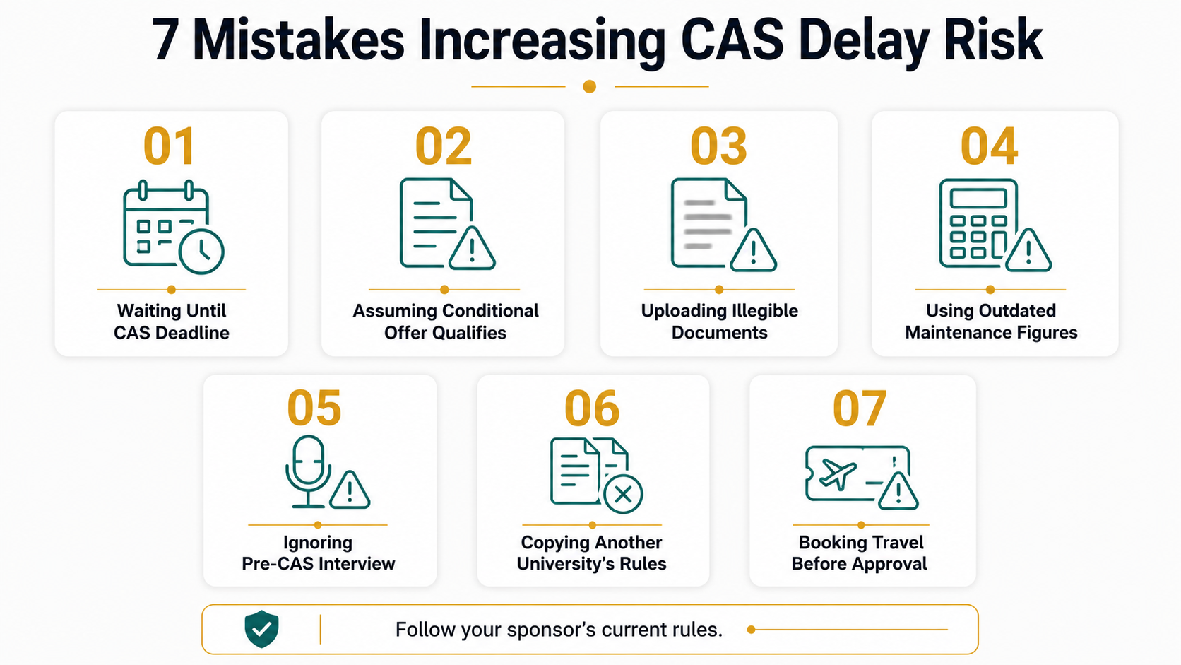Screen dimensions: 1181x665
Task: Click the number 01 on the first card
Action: tap(170, 146)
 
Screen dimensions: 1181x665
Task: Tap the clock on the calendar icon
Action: tap(201, 252)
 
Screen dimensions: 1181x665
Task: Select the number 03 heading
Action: tap(718, 146)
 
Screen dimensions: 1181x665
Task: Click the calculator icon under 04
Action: tap(978, 223)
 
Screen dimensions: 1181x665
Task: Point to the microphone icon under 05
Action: tap(308, 471)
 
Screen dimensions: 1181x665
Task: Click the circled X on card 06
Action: tap(623, 495)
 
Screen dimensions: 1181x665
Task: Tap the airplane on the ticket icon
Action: tap(838, 473)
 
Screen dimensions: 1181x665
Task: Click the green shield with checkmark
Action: tap(261, 629)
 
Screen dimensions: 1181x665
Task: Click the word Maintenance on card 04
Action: tap(951, 333)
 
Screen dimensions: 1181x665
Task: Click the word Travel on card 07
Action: tap(894, 542)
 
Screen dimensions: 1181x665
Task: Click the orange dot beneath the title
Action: tap(590, 86)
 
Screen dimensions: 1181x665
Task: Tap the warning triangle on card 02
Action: tap(472, 249)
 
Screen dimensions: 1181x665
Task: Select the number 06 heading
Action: tap(591, 408)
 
